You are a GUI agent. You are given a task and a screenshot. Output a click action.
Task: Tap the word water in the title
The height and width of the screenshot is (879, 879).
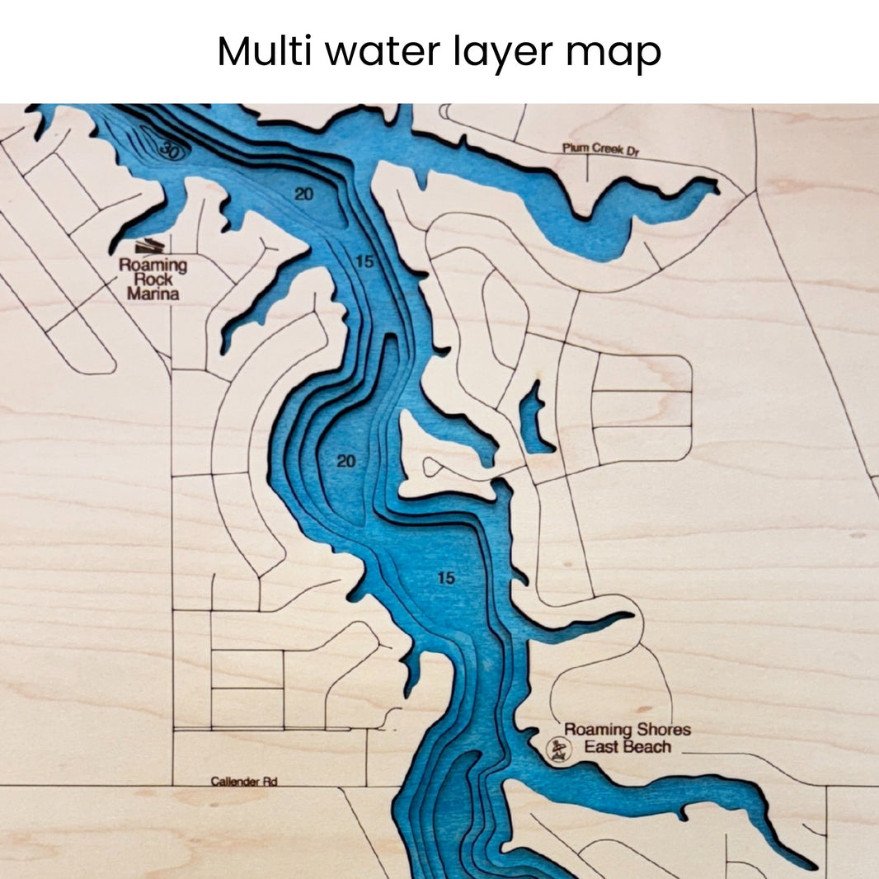[383, 53]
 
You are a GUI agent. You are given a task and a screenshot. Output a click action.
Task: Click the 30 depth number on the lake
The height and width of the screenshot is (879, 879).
[170, 151]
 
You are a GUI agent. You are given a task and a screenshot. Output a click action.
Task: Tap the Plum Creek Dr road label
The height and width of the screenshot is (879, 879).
[601, 149]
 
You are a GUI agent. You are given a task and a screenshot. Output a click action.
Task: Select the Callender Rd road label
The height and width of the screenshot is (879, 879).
[242, 781]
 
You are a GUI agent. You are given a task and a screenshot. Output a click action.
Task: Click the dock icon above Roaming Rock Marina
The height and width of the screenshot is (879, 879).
[148, 246]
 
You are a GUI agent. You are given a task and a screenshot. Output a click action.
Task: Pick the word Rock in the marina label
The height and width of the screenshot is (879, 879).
[153, 280]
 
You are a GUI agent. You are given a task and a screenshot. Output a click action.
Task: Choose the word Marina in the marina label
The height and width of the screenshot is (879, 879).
[153, 294]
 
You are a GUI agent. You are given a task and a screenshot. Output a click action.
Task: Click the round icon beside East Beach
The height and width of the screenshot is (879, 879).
[559, 749]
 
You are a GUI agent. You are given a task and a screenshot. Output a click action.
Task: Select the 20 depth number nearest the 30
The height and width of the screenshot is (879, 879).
[304, 194]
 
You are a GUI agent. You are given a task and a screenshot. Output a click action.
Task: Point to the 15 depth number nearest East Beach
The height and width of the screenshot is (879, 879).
[445, 579]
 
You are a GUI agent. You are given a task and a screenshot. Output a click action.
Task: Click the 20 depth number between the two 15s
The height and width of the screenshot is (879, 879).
[346, 462]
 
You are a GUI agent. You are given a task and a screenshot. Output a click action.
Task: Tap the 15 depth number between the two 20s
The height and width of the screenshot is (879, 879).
[365, 262]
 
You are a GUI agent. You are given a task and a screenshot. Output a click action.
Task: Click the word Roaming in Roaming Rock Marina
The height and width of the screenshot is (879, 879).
[153, 266]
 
